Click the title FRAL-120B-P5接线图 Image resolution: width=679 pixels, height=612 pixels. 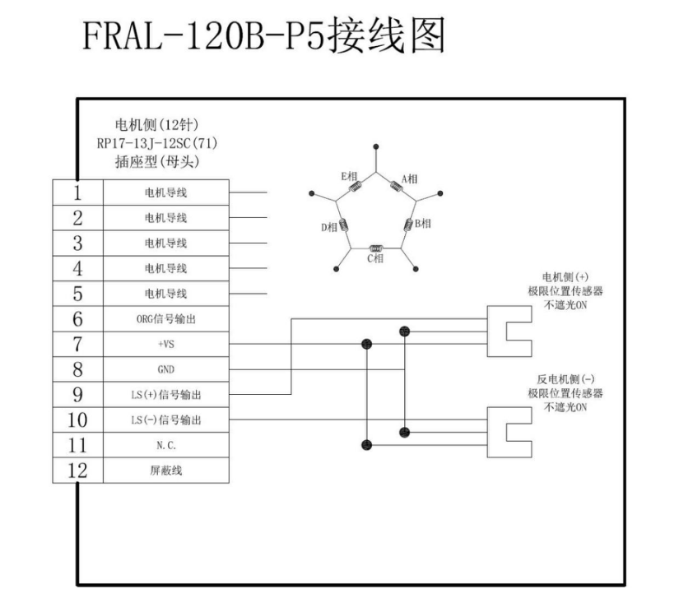point(263,36)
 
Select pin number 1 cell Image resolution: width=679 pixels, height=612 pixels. point(77,193)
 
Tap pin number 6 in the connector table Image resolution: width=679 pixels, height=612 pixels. point(77,319)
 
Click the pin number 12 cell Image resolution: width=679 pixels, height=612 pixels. point(77,471)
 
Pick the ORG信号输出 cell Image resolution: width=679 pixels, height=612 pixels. point(165,319)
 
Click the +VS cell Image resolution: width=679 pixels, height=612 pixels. point(165,345)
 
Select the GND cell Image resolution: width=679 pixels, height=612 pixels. point(165,369)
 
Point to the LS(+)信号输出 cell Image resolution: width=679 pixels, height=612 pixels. point(165,395)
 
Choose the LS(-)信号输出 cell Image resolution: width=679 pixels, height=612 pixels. point(165,420)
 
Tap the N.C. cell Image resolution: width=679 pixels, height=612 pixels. point(165,445)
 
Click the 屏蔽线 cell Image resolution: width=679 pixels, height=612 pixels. point(165,471)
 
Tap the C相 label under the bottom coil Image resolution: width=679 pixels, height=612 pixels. point(374,260)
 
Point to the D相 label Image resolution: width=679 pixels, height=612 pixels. point(328,228)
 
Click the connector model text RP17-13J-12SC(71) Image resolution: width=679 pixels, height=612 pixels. point(157,143)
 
